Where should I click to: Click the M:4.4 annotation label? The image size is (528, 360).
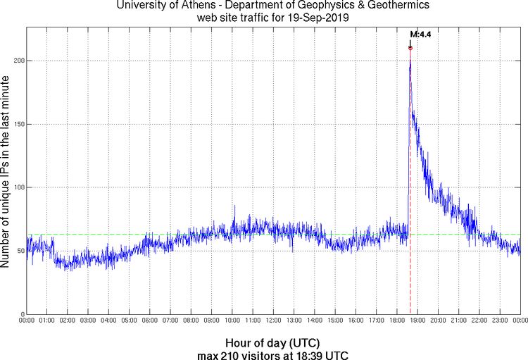tap(420, 34)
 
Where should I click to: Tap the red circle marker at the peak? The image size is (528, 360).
tap(410, 47)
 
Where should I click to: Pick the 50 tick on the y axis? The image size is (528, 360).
tap(20, 251)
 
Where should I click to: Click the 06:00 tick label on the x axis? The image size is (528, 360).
tap(150, 321)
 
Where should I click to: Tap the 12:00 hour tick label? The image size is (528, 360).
tap(273, 321)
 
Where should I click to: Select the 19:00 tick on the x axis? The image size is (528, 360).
tap(417, 321)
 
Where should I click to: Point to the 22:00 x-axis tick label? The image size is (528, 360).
tap(479, 321)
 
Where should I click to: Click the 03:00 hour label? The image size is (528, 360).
tap(88, 321)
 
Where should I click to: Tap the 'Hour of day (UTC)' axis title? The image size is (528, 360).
tap(273, 342)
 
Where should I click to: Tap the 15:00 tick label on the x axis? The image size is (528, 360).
tap(335, 321)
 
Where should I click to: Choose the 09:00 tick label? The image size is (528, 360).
tap(212, 321)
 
